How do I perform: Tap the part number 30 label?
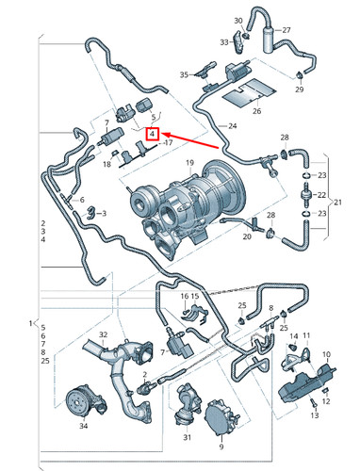237,20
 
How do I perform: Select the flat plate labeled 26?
246,94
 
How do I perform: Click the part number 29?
299,89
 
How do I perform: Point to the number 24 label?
231,125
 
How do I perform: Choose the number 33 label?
224,42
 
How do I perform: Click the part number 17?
168,143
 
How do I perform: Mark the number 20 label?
247,237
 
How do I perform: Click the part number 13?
316,414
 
